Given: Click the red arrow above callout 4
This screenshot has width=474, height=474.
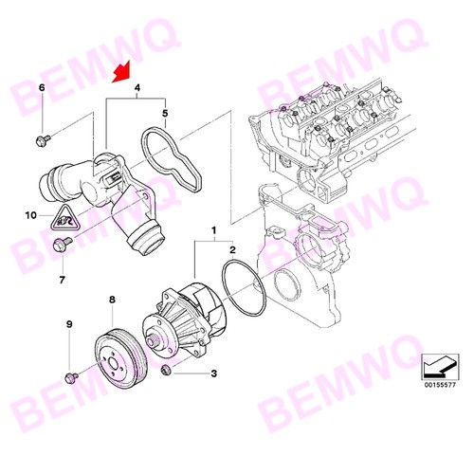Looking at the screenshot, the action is [121, 73].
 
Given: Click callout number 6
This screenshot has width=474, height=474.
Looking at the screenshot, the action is [42, 87].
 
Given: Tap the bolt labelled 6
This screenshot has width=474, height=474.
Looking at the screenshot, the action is [43, 140].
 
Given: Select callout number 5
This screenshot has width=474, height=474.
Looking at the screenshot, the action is [165, 113].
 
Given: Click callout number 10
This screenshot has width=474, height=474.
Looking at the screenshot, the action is [31, 215].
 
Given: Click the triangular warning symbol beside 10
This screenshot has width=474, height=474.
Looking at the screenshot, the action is [65, 218].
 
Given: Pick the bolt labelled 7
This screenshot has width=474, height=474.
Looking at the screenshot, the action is [63, 244].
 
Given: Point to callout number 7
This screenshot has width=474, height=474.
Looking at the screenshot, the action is [62, 280].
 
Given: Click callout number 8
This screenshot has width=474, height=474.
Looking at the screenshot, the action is [112, 300].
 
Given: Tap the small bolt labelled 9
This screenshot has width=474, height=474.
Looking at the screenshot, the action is [71, 377].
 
